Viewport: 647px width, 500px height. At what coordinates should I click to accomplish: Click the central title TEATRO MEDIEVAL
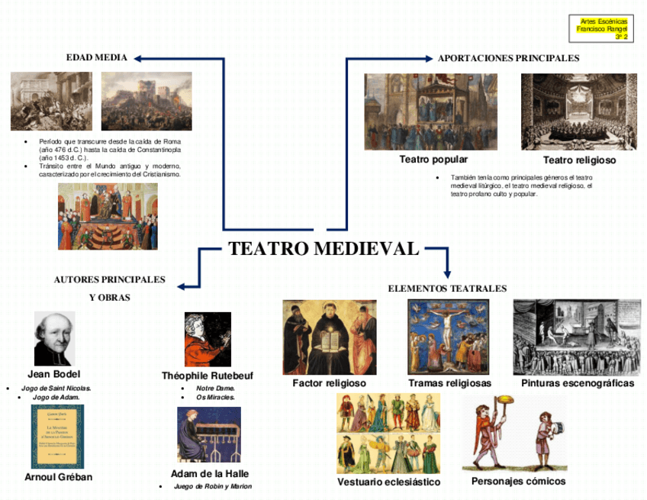click(x=323, y=249)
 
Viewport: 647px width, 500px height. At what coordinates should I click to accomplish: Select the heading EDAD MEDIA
click(x=97, y=58)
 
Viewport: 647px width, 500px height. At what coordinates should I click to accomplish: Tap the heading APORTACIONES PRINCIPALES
click(x=508, y=58)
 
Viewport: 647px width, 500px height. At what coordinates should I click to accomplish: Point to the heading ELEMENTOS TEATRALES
click(x=447, y=289)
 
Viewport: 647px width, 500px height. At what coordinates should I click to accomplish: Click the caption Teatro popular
click(x=433, y=160)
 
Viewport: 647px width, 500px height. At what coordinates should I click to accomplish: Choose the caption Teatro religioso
click(x=579, y=160)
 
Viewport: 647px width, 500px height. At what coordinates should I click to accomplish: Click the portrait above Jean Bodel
click(x=55, y=338)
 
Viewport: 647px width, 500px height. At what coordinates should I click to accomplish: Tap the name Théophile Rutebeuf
click(x=208, y=376)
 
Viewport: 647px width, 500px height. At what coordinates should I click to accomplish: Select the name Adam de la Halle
click(x=210, y=473)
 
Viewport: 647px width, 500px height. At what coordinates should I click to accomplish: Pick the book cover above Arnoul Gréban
click(x=58, y=437)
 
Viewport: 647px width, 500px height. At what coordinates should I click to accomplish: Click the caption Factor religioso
click(x=330, y=383)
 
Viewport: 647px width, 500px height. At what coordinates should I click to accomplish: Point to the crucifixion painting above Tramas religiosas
click(x=449, y=337)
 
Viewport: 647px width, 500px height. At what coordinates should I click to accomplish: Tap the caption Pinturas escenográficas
click(x=578, y=383)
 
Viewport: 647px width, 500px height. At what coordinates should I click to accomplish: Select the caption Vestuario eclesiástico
click(x=388, y=482)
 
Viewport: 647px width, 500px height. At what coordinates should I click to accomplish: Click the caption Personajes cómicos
click(x=519, y=482)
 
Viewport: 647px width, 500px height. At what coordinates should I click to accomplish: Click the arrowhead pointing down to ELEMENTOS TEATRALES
click(x=447, y=273)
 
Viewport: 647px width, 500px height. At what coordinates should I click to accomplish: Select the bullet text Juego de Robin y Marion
click(x=212, y=486)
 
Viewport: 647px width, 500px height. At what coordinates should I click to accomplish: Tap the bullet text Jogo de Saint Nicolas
click(x=56, y=389)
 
